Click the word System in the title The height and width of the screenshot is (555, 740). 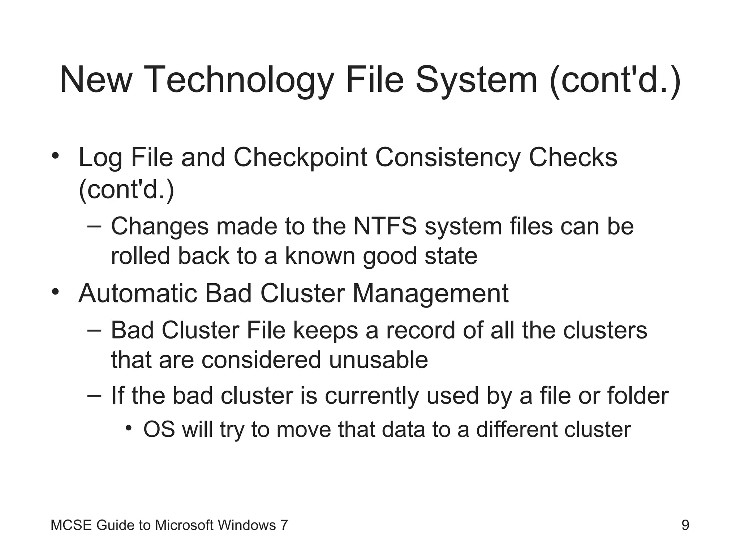click(476, 80)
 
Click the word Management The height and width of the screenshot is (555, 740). click(430, 293)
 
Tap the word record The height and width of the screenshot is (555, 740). click(420, 331)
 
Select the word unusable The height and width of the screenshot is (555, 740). click(378, 360)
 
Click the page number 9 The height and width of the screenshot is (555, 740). click(685, 525)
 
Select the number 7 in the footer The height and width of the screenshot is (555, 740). click(284, 525)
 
